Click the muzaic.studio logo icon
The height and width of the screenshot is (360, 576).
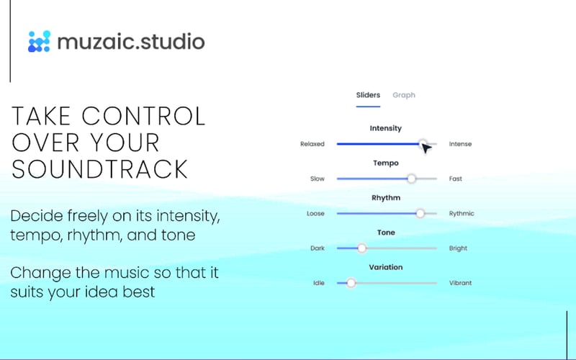click(39, 41)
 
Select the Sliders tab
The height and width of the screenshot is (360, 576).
click(368, 95)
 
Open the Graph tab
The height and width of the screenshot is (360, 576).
click(403, 95)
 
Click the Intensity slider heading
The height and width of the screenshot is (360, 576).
click(386, 128)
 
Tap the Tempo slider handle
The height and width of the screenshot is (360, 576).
click(411, 179)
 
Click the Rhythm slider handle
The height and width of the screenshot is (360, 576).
click(420, 213)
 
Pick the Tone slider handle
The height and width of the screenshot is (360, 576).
click(361, 248)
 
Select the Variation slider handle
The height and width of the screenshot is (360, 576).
click(351, 283)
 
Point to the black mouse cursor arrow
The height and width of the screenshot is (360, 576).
click(426, 148)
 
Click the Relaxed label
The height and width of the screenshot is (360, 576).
click(312, 144)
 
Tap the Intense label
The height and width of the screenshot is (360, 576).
click(460, 144)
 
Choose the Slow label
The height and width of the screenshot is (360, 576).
click(317, 179)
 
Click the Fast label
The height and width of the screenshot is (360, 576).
click(456, 179)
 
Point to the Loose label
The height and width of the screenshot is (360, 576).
click(315, 214)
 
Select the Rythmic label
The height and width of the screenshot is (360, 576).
click(462, 214)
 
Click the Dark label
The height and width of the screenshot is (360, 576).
click(317, 248)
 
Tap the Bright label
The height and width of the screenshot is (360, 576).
click(458, 248)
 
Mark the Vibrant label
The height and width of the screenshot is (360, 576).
click(460, 283)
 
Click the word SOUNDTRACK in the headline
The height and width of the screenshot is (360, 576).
click(100, 169)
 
